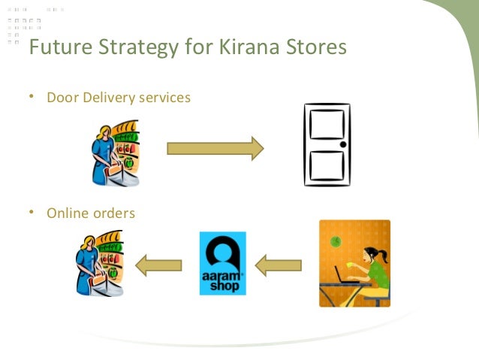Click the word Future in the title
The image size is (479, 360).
pyautogui.click(x=57, y=47)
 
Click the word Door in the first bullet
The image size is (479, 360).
pyautogui.click(x=62, y=98)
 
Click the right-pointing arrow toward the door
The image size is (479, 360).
pyautogui.click(x=215, y=149)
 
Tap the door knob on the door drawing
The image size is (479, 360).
pyautogui.click(x=342, y=144)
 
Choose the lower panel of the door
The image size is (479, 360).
pyautogui.click(x=326, y=165)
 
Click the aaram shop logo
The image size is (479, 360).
pyautogui.click(x=222, y=263)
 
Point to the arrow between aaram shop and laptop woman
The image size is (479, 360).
pyautogui.click(x=279, y=265)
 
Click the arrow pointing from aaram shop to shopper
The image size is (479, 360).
pyautogui.click(x=158, y=265)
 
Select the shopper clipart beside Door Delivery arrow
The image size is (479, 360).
pyautogui.click(x=114, y=153)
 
